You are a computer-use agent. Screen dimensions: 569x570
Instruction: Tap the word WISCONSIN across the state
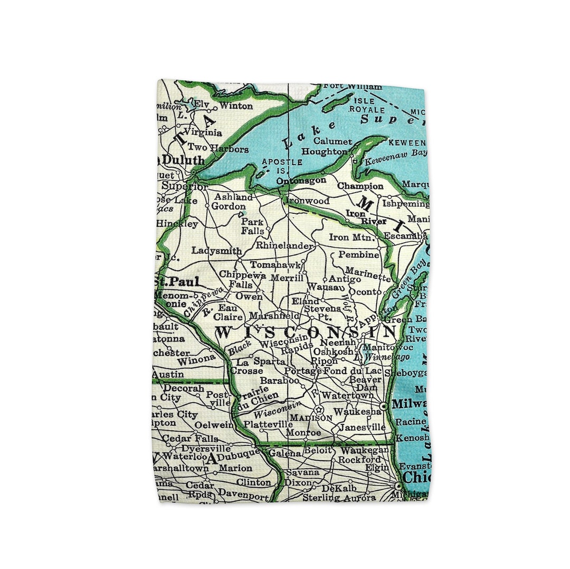coord(306,333)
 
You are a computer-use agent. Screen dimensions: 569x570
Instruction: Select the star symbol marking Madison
coord(318,409)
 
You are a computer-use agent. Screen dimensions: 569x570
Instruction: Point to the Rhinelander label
coord(285,245)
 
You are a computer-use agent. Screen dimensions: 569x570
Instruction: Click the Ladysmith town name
coord(216,251)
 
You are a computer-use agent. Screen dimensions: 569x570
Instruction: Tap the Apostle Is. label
coord(282,166)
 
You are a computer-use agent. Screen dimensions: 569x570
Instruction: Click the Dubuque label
coord(239,452)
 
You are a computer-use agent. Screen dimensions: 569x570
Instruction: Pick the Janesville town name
coord(363,427)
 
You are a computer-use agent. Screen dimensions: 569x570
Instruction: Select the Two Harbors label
coord(218,148)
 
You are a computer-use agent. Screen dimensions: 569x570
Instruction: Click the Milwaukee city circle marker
coord(384,406)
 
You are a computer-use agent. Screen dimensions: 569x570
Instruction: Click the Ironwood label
coord(308,201)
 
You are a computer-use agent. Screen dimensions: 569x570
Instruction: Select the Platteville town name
coord(269,424)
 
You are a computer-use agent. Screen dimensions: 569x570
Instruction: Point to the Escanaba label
coord(405,236)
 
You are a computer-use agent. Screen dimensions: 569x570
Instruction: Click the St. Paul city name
coord(177,281)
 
